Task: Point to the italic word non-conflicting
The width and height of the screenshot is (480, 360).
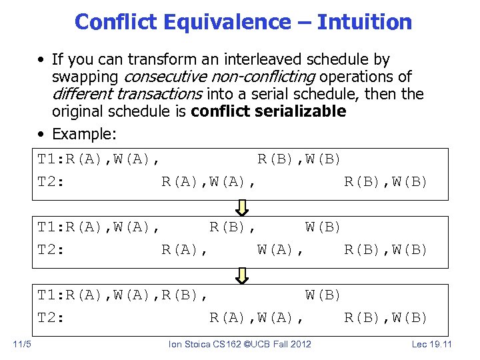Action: [264, 77]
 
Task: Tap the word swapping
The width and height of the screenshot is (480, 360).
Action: [85, 77]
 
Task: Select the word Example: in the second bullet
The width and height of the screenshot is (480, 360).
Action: [84, 134]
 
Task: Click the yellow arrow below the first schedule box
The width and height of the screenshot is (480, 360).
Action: [242, 207]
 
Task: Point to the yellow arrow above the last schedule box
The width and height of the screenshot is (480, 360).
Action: [242, 275]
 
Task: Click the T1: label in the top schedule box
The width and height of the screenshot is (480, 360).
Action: [50, 159]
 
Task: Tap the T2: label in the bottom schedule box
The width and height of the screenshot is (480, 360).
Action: [50, 317]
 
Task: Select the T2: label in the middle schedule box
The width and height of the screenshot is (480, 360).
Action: [50, 249]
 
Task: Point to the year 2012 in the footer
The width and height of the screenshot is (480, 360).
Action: [299, 344]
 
